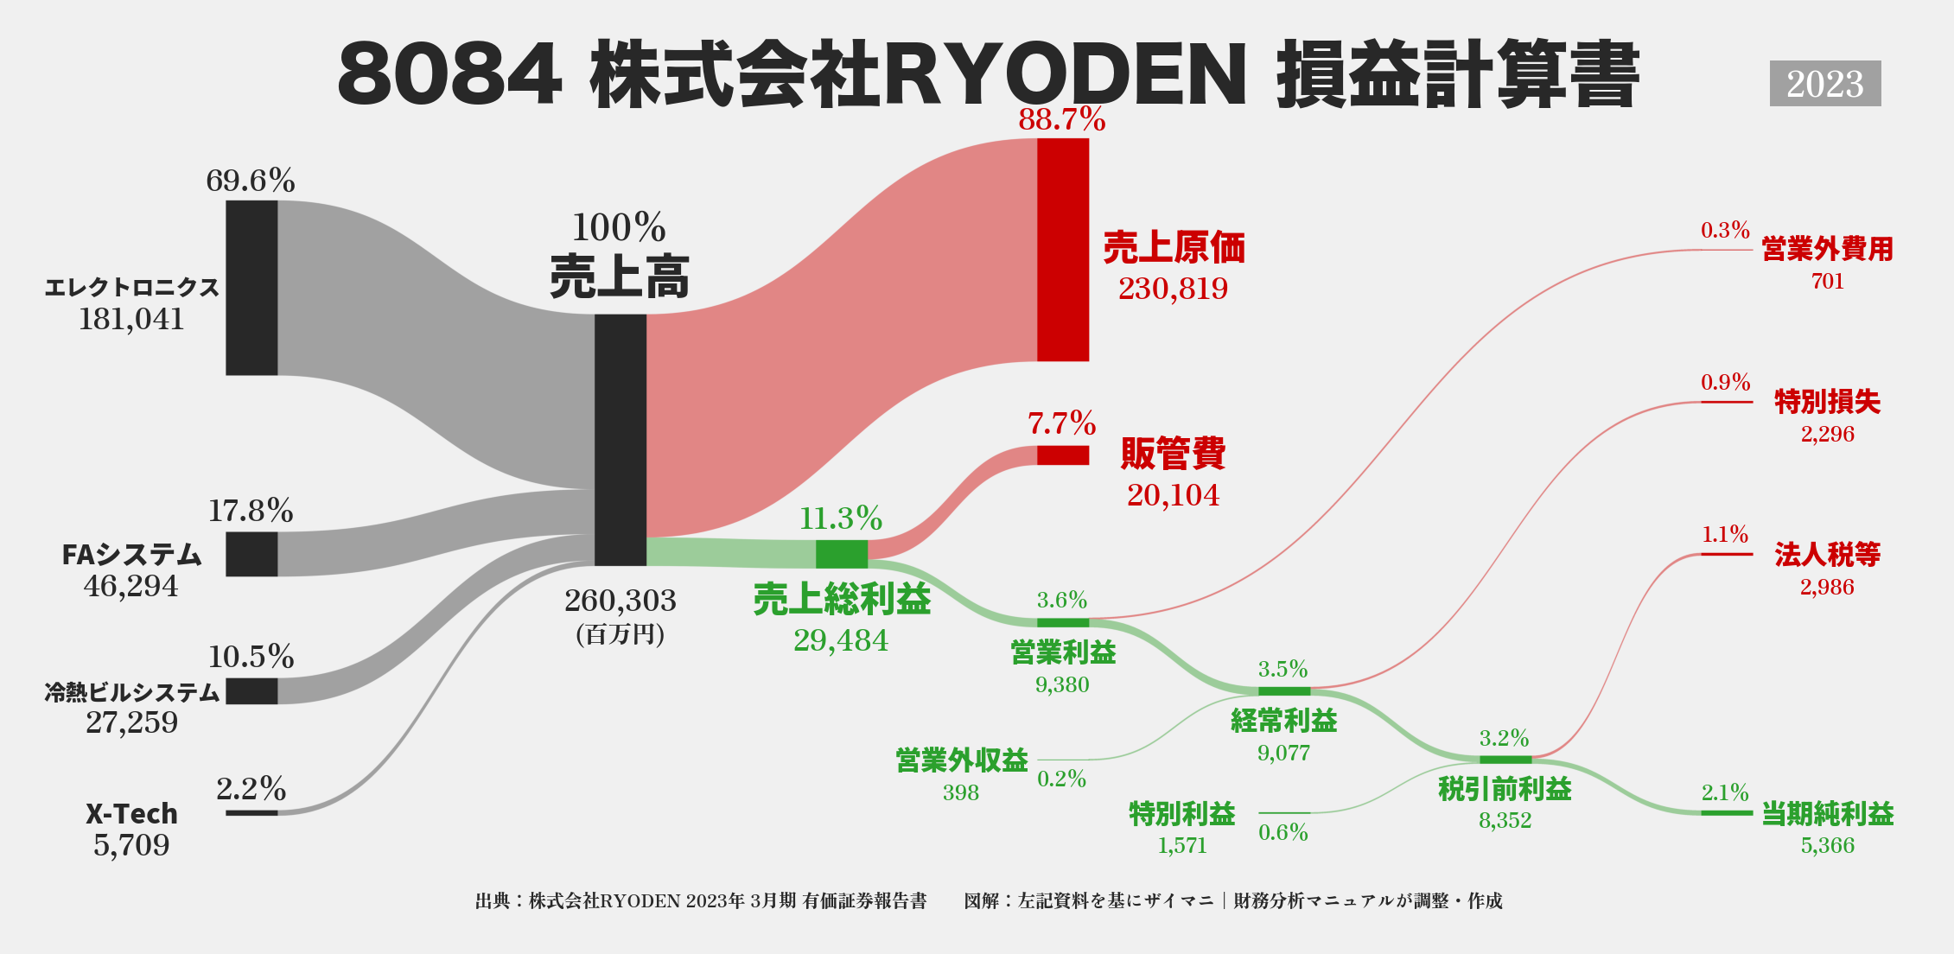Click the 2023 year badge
(x=1824, y=84)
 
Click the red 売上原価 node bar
(x=1062, y=250)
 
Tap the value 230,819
(x=1173, y=289)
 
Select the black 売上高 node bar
(x=620, y=439)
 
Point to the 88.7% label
(x=1061, y=119)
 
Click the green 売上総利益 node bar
(x=841, y=554)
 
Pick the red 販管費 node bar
(x=1062, y=455)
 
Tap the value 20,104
(x=1173, y=495)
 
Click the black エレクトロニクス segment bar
(x=251, y=288)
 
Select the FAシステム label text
(x=131, y=555)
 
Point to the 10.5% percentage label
(x=251, y=657)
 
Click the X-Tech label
(x=131, y=814)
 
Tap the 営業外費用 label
(x=1827, y=250)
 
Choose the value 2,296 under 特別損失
(x=1827, y=434)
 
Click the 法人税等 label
(x=1827, y=555)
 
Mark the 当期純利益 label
(x=1827, y=814)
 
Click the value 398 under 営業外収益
(x=960, y=792)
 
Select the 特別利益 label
(x=1181, y=814)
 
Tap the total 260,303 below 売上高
(x=620, y=601)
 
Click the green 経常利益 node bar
(x=1283, y=690)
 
